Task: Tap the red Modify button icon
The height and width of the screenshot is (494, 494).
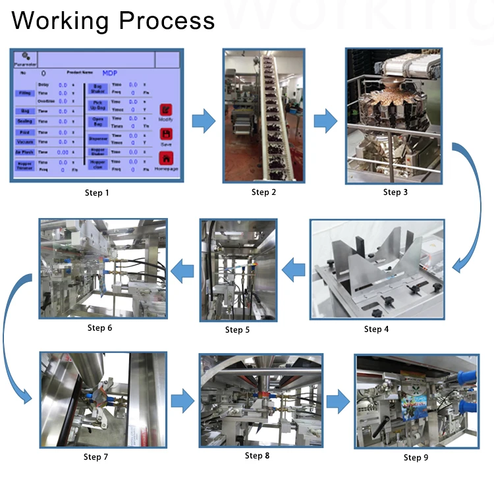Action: (x=166, y=110)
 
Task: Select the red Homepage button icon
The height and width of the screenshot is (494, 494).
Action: (x=166, y=158)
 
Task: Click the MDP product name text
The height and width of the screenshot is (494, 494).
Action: (x=110, y=72)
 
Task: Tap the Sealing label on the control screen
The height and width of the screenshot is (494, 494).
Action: (x=25, y=121)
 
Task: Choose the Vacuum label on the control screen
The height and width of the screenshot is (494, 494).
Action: (x=24, y=142)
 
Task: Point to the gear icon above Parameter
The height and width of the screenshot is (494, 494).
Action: (x=25, y=56)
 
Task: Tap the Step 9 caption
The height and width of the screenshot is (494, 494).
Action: (x=416, y=458)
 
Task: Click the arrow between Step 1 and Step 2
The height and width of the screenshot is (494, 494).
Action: (x=204, y=121)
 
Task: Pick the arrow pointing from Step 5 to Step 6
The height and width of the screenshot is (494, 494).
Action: (x=182, y=269)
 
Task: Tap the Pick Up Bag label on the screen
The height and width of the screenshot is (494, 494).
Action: (x=97, y=105)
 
